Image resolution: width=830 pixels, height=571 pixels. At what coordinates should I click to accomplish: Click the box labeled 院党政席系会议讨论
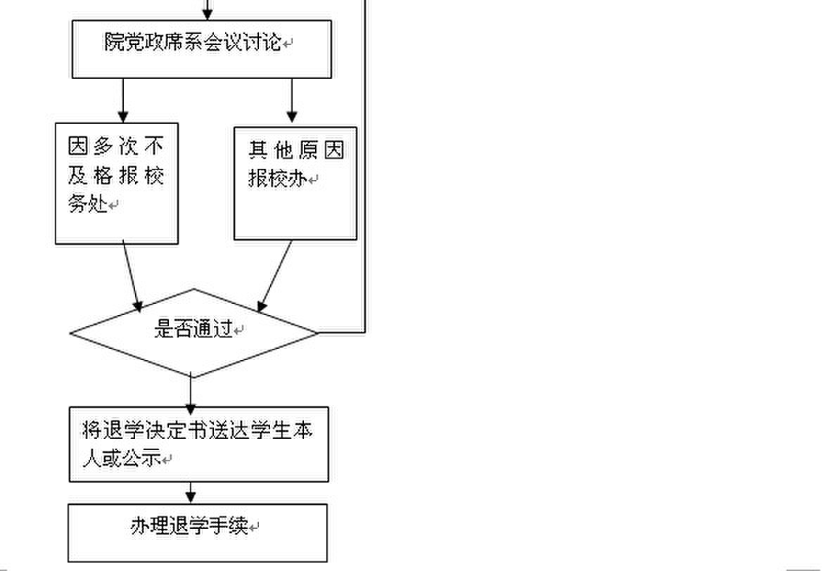202,49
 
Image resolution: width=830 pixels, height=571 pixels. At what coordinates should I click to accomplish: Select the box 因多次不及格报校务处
117,184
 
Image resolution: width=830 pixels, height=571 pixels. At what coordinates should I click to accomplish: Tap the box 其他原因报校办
295,183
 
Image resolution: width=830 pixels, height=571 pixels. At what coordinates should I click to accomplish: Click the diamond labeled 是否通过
193,333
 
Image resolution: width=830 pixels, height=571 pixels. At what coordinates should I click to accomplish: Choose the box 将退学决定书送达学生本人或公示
198,444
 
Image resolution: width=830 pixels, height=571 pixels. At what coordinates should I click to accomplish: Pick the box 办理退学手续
198,532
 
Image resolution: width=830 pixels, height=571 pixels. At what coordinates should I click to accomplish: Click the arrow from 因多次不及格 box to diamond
132,276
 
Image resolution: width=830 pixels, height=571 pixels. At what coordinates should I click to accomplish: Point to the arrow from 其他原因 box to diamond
275,276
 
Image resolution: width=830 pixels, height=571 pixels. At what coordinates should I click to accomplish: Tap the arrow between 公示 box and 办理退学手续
191,492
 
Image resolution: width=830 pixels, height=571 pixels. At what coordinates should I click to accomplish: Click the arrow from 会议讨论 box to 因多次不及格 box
123,101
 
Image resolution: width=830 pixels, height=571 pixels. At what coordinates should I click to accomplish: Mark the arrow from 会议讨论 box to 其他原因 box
292,101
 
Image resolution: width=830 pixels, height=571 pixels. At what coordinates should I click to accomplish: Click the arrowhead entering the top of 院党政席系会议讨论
207,14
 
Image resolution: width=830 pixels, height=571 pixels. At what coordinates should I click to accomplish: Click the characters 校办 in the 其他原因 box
288,179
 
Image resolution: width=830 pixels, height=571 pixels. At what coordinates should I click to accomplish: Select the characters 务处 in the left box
88,204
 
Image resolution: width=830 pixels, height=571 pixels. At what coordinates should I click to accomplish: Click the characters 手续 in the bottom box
229,526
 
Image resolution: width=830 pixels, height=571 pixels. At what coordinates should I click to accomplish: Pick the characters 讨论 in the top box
261,41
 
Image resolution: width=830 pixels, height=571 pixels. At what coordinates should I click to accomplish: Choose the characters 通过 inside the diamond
213,329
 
